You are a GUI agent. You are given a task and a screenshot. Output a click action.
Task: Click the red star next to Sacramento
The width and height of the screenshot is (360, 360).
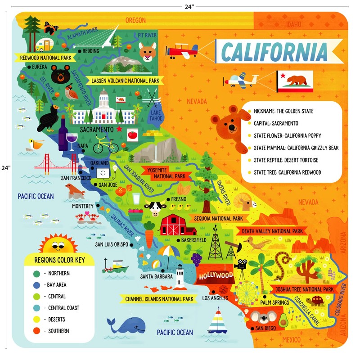point(119,129)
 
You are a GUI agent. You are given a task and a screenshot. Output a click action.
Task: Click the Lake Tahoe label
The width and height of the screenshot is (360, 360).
point(156,115)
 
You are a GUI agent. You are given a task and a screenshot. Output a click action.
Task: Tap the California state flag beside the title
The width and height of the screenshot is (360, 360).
point(294,81)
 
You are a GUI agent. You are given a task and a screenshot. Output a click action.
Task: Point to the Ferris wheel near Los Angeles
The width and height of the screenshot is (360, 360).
point(246,292)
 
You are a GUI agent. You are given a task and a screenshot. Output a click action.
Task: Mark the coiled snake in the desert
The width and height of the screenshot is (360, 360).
point(283,263)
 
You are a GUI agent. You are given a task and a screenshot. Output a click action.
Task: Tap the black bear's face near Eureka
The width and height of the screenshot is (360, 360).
point(59,74)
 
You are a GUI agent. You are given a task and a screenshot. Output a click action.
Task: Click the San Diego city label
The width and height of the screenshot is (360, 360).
point(265,329)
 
